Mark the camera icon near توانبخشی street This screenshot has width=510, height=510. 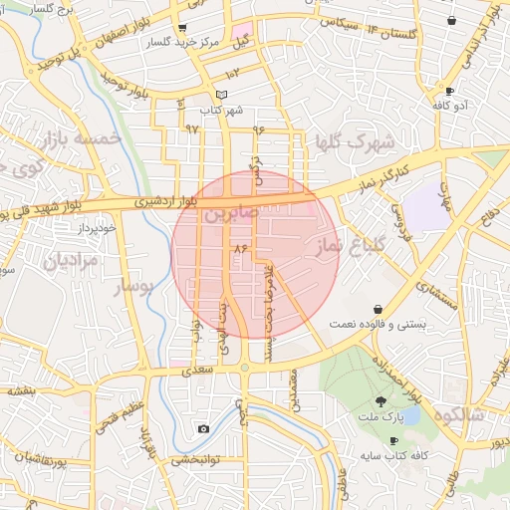click(x=204, y=428)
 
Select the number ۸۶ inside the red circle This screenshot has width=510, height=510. click(x=239, y=247)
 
